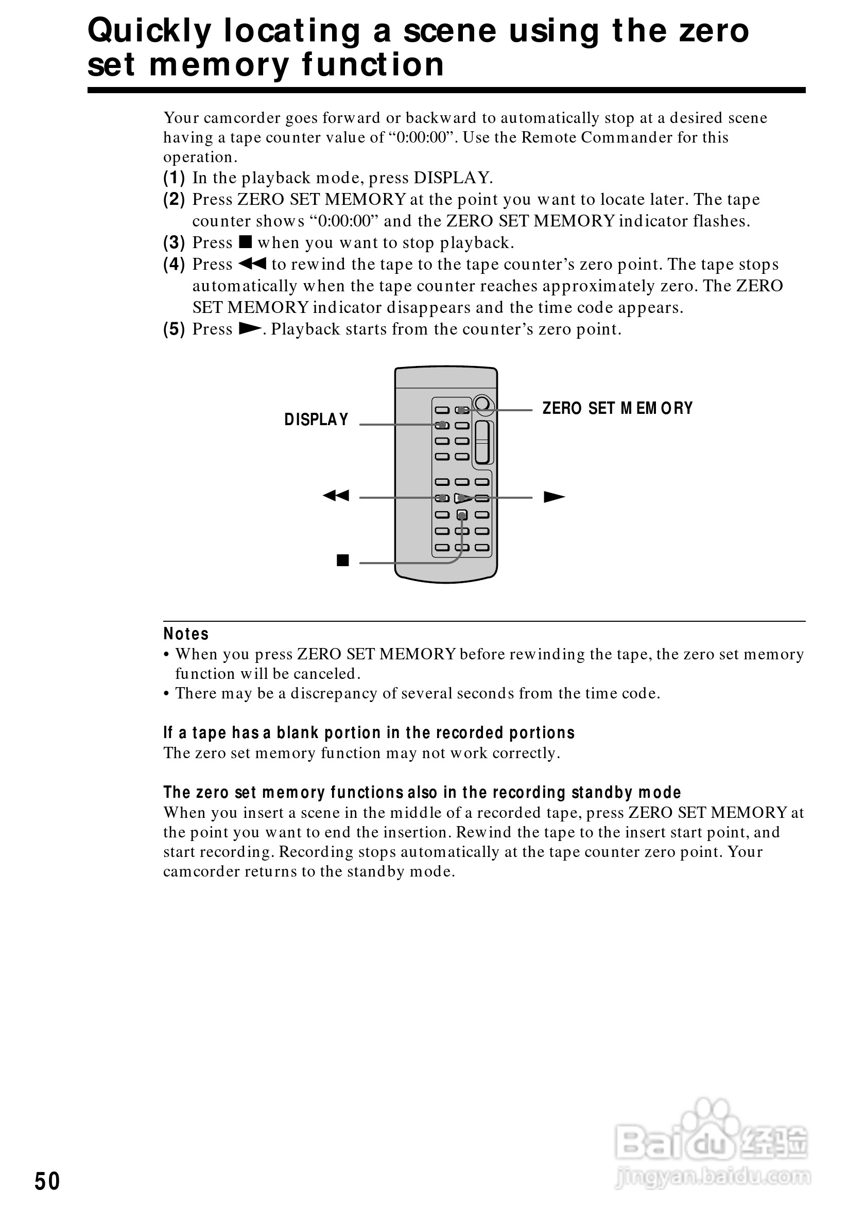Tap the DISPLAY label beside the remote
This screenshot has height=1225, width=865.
(316, 420)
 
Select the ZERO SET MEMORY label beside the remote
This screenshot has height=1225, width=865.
(617, 408)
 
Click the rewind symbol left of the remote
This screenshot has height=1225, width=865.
(336, 496)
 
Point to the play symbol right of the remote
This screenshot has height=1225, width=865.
(554, 497)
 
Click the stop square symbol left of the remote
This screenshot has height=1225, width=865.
(342, 560)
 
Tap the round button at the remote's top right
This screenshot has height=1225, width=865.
(482, 404)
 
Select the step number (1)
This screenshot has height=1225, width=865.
(174, 178)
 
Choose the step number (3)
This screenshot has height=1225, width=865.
(174, 243)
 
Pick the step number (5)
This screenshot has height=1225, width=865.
(174, 329)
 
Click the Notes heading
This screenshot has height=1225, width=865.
(186, 634)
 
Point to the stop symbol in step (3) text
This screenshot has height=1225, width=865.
(245, 242)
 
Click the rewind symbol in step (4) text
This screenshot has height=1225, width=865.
(252, 264)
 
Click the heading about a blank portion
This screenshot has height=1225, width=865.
(369, 732)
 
